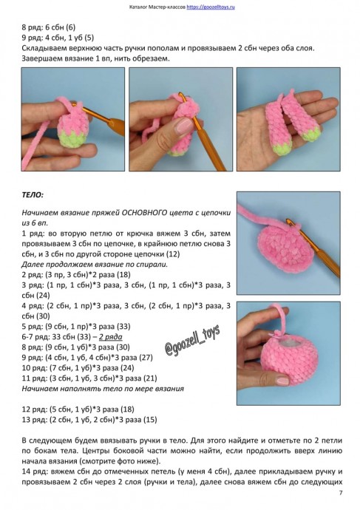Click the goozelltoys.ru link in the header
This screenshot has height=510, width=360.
tap(211, 7)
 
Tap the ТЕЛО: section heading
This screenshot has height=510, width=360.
tap(33, 195)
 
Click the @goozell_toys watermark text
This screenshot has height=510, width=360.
tap(192, 340)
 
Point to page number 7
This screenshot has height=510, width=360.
tap(341, 493)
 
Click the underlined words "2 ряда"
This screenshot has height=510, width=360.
tap(111, 336)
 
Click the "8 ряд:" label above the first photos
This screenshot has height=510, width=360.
tap(33, 27)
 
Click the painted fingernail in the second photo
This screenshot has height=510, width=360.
tap(183, 126)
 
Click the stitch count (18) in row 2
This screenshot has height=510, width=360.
tap(123, 274)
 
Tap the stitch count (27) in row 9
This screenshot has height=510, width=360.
tap(146, 358)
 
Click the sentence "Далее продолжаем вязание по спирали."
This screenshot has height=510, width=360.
tap(95, 264)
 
